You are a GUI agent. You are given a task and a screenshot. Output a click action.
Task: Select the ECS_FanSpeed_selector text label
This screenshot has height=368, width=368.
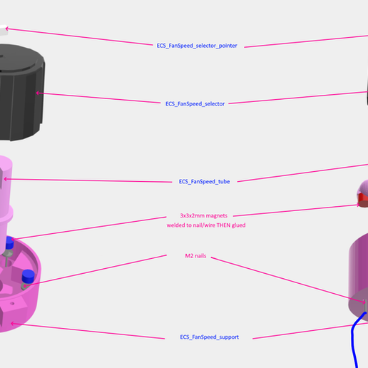coord(195,104)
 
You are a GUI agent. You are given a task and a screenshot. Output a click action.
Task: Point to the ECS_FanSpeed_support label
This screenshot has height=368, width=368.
coord(209,337)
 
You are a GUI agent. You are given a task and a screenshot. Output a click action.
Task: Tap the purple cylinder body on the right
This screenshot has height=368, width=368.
coord(357,271)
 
